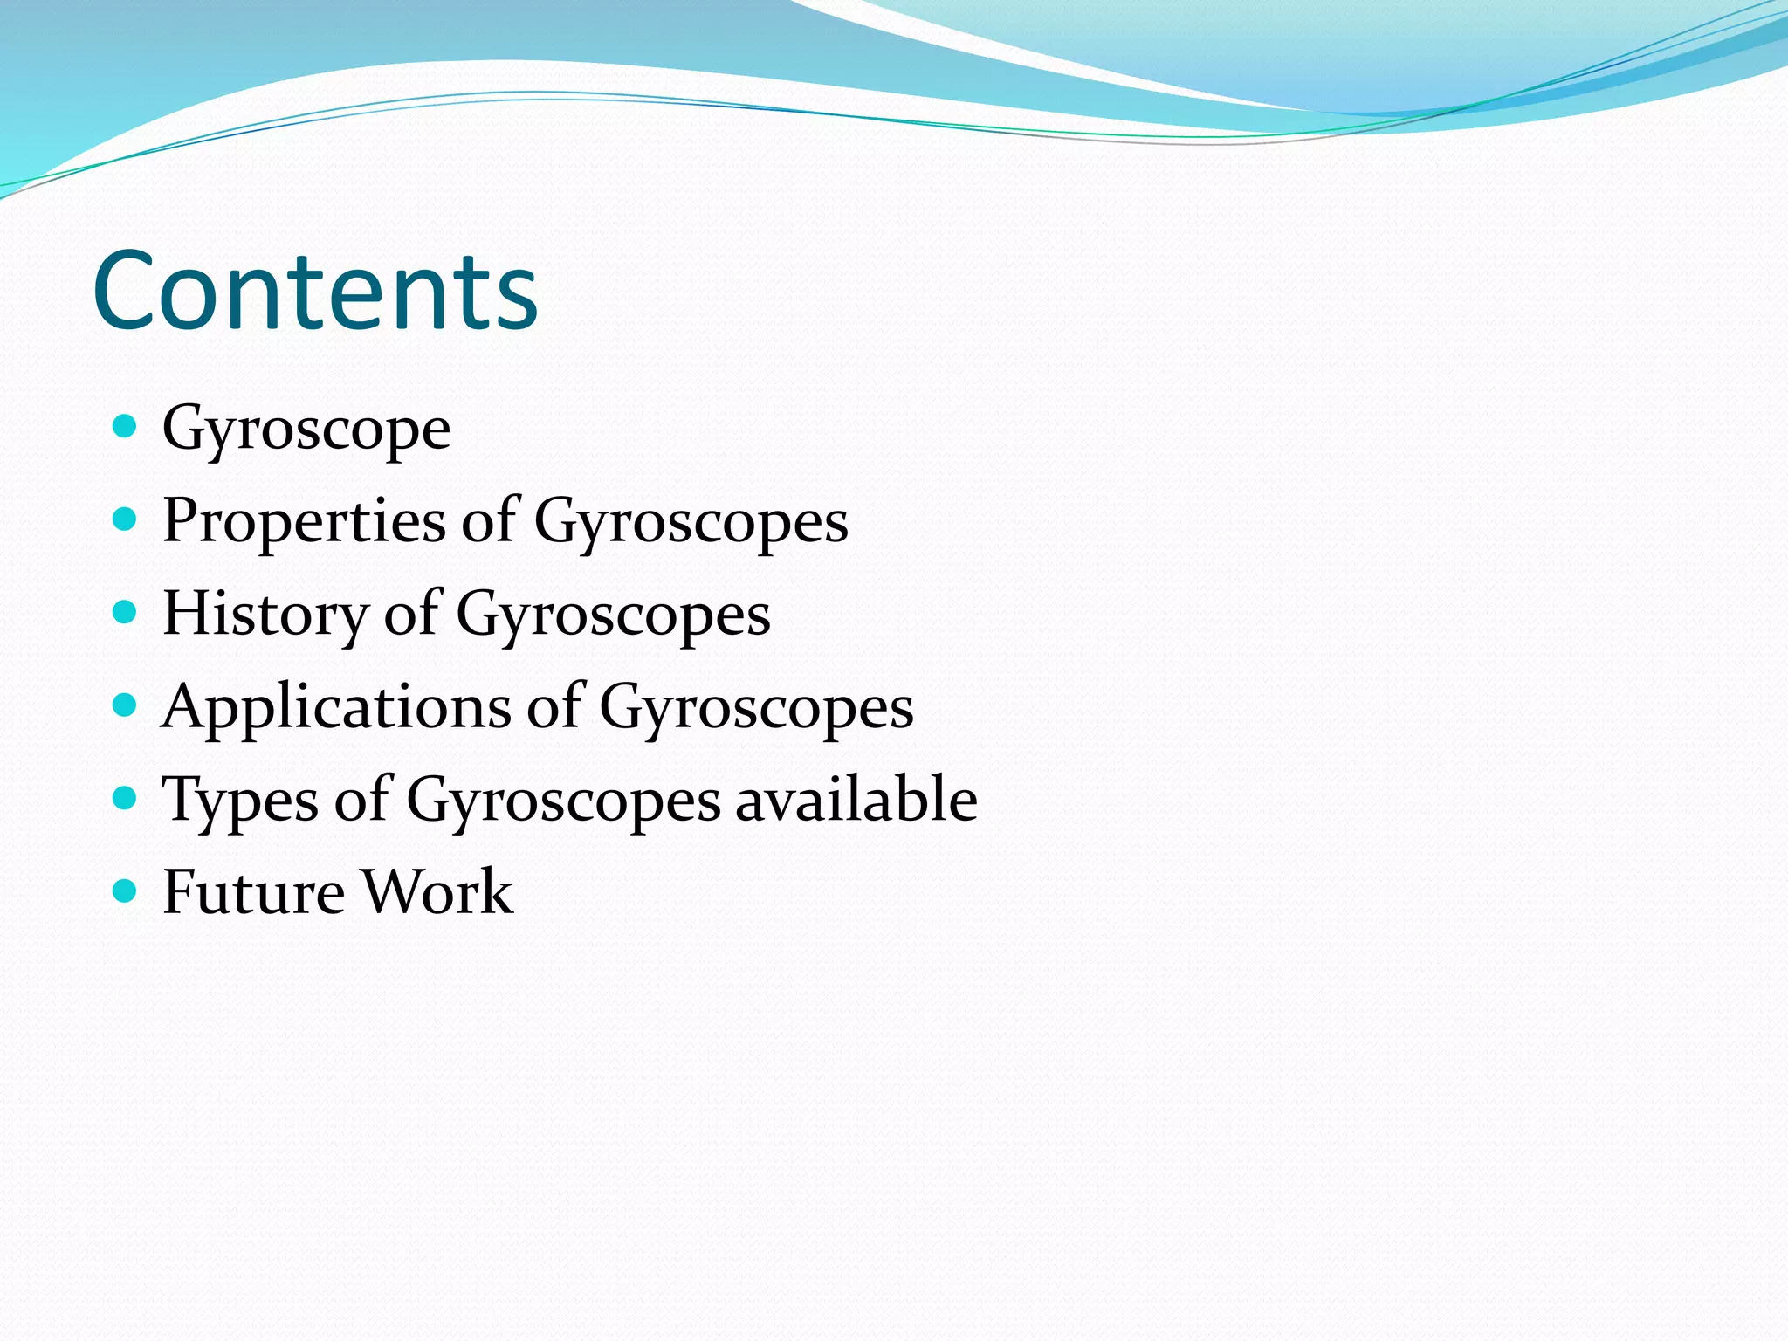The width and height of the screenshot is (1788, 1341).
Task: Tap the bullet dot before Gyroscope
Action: click(126, 427)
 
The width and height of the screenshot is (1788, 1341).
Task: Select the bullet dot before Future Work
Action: click(126, 891)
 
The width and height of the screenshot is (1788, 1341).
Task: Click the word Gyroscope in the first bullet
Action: click(306, 430)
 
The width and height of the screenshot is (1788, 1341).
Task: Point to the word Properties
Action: click(304, 522)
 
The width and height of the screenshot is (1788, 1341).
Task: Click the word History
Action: click(265, 615)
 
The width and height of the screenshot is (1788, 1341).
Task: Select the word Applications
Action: click(335, 707)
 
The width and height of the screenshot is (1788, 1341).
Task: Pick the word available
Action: click(856, 800)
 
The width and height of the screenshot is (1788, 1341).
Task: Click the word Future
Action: click(253, 892)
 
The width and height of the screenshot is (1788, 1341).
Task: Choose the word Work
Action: click(437, 892)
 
